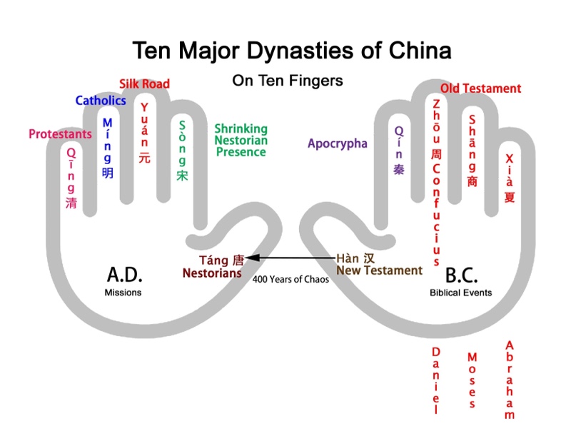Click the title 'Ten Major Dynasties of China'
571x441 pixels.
click(291, 51)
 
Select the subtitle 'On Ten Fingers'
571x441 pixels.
click(288, 81)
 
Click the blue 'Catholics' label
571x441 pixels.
click(101, 101)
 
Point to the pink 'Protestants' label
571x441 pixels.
click(60, 134)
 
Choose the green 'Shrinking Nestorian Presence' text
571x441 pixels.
click(241, 140)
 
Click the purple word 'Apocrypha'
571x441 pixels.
click(338, 143)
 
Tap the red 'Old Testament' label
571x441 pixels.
click(480, 88)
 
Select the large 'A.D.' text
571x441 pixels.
click(124, 274)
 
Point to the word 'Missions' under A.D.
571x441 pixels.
click(123, 293)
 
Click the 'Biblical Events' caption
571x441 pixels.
click(460, 293)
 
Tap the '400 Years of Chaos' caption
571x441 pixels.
click(290, 280)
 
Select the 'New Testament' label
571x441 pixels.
click(379, 270)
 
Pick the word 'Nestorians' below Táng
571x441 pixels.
click(212, 273)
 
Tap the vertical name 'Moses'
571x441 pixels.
click(472, 380)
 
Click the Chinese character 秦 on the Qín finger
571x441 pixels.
click(399, 169)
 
